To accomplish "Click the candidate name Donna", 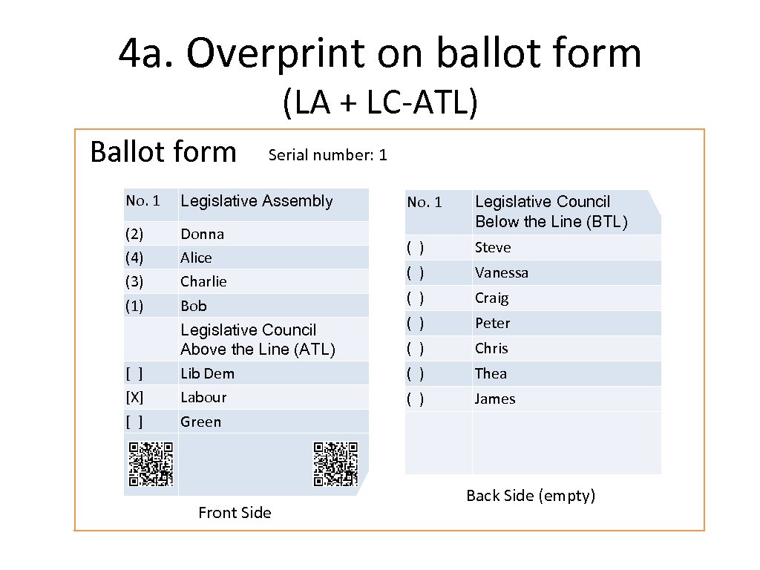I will coord(202,234).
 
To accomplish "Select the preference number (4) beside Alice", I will coord(134,258).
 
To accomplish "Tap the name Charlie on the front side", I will coord(203,281).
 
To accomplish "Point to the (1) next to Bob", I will coord(134,306).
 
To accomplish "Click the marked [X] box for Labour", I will coord(134,397).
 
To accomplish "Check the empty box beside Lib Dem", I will coord(134,373).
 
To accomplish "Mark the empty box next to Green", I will coord(134,422).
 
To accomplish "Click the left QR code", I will coord(151,464).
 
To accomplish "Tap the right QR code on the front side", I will coord(335,464).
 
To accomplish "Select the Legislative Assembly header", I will coord(257,201).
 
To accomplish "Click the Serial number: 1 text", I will coord(327,154).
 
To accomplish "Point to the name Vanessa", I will coord(502,272).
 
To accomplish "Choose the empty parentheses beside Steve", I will coord(415,247).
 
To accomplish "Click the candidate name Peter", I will coord(492,323).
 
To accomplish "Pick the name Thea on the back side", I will coord(491,373).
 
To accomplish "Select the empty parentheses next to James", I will coord(415,399).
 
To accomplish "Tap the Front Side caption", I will coord(235,512).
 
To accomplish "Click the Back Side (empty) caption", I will coord(531,496).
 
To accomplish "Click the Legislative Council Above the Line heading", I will coord(258,339).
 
